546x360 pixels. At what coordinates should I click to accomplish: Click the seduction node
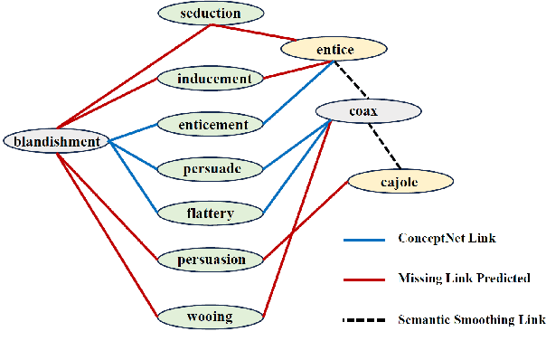211,13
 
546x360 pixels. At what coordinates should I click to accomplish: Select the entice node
336,48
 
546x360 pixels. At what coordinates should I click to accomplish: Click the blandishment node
55,140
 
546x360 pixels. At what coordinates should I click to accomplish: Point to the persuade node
211,168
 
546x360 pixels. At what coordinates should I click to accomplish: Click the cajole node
400,181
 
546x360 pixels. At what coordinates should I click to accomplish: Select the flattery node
211,213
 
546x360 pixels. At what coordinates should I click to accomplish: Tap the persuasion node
211,260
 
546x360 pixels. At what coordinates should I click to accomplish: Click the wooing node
211,317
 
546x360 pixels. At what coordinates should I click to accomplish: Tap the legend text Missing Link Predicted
463,279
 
